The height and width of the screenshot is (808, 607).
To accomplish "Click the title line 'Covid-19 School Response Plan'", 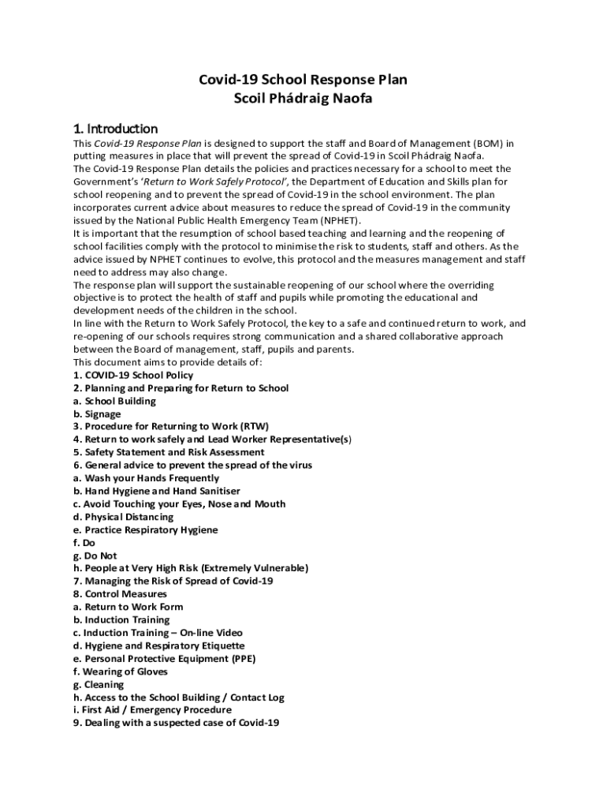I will coord(303,80).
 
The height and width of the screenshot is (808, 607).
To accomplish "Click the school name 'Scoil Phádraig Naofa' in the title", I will coord(303,99).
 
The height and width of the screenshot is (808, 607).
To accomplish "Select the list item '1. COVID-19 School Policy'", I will coord(133,376).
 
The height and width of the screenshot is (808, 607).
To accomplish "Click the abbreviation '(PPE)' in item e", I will coord(241,659).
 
